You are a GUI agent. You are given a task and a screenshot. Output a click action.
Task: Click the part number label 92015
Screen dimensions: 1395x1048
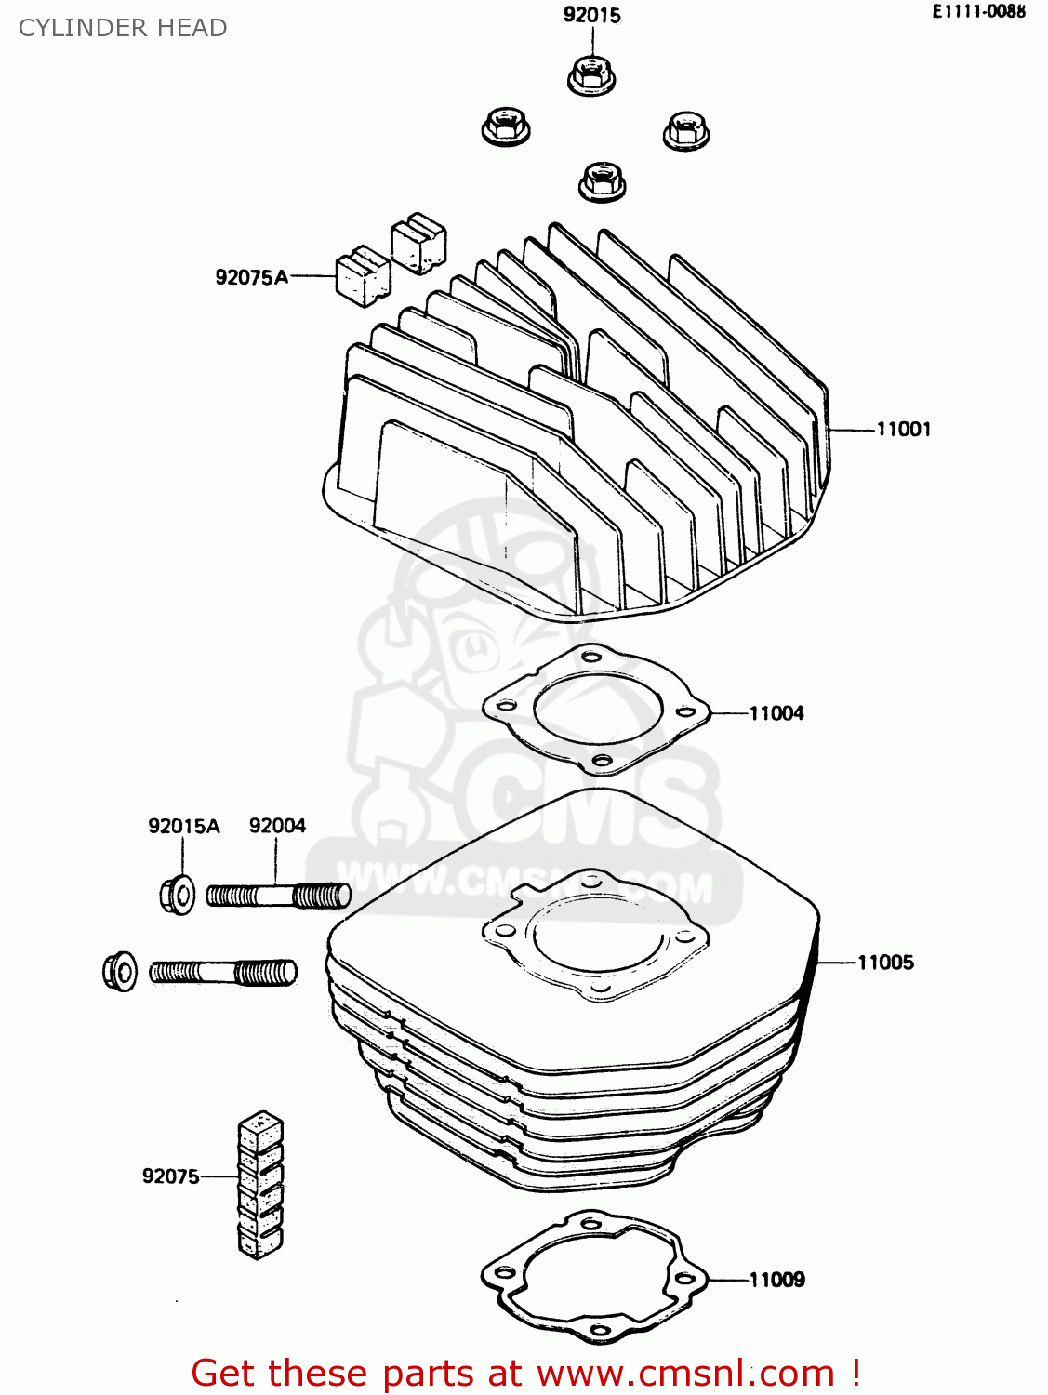[591, 15]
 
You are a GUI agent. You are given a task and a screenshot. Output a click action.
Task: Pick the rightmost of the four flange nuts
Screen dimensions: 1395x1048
[686, 130]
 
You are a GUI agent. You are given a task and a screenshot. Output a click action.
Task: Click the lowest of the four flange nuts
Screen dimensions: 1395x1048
[602, 180]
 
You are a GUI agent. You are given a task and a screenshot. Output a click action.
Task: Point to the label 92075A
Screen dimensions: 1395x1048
[251, 277]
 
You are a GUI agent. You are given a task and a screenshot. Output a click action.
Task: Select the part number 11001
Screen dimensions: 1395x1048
[903, 429]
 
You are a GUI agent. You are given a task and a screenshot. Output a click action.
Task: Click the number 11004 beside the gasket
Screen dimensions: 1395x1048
[776, 713]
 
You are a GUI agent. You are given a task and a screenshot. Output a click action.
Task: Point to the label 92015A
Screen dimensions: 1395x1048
[183, 826]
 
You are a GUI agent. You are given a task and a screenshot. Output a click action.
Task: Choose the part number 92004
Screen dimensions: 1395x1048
[277, 826]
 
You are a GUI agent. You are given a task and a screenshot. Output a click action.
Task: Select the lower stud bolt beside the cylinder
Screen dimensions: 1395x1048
[223, 973]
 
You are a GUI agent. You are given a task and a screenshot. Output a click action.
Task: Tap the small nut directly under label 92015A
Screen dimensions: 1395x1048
[176, 896]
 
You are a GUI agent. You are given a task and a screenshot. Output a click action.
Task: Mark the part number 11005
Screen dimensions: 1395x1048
[885, 963]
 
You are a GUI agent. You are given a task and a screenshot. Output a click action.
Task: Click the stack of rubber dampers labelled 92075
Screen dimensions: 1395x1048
[260, 1185]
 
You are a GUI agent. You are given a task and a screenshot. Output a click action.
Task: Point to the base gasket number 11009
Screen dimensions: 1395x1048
[777, 1280]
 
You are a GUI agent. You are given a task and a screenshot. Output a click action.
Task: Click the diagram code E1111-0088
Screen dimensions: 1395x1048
[979, 12]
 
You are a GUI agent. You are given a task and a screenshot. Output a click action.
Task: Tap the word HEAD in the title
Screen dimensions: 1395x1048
[192, 28]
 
